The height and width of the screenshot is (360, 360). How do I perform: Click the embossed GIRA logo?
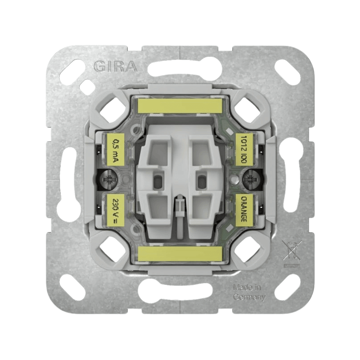116,66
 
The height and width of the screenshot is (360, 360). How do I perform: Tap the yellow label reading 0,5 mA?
116,150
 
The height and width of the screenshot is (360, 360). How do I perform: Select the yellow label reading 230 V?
116,210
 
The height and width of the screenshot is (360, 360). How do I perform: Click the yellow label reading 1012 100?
244,150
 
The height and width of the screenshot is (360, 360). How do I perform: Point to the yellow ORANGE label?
244,210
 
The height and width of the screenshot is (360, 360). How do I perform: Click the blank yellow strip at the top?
180,106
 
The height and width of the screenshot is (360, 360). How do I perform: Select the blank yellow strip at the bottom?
180,254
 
